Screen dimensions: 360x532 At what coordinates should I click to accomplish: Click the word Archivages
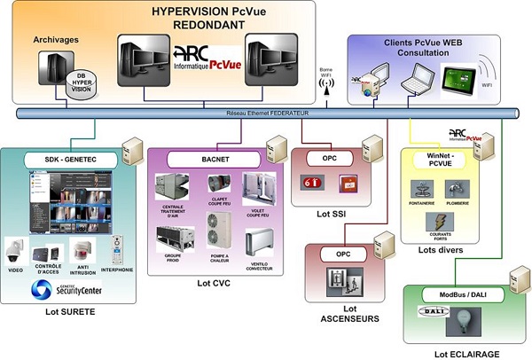click(56, 41)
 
